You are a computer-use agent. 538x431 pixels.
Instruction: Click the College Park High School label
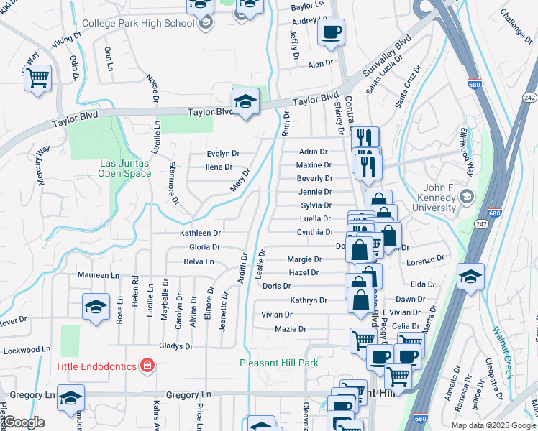click(138, 23)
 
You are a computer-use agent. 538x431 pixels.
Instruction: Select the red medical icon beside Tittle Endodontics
click(147, 366)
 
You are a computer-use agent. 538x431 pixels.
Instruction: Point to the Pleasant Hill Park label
click(278, 363)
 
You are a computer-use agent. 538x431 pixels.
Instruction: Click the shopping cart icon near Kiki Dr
click(38, 76)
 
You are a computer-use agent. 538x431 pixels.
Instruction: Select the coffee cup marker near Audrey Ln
click(331, 32)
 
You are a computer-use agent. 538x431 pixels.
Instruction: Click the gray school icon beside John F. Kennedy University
click(467, 196)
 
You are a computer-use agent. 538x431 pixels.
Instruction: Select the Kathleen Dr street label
click(200, 233)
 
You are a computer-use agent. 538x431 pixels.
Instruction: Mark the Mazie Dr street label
click(291, 329)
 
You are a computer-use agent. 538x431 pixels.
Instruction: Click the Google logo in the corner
click(24, 422)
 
